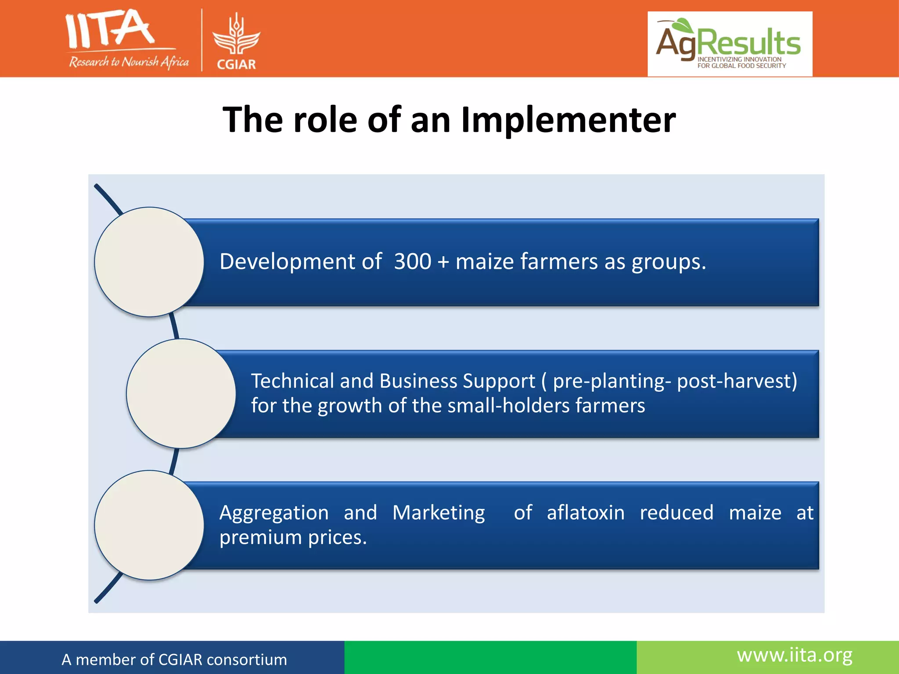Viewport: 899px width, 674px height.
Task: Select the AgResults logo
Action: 730,44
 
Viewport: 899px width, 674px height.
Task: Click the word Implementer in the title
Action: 568,120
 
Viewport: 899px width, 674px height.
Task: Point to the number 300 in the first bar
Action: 413,262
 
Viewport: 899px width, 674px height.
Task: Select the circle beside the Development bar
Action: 149,262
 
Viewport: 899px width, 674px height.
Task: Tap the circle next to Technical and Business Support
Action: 181,394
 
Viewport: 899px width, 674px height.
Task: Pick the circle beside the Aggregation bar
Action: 149,525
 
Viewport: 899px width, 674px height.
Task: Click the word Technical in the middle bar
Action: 292,381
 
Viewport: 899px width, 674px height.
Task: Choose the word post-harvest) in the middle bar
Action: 737,381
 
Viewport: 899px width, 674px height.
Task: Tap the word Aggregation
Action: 274,513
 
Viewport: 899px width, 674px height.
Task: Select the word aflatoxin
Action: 586,513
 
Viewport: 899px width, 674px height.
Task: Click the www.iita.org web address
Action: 795,655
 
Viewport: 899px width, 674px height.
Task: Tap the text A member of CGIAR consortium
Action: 174,660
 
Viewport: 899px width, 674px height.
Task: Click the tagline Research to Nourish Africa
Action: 129,62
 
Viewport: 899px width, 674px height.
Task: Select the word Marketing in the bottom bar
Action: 439,513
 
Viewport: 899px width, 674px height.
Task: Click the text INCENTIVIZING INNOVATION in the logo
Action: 739,59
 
